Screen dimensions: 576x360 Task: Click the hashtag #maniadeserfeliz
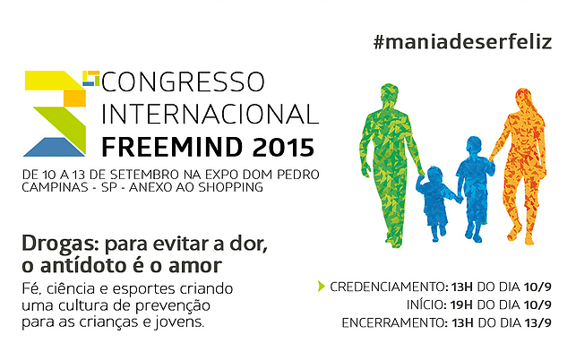pyautogui.click(x=462, y=42)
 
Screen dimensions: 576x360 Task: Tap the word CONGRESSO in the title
pyautogui.click(x=183, y=81)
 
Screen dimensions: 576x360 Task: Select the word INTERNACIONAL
pyautogui.click(x=211, y=115)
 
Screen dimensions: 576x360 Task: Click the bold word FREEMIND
pyautogui.click(x=172, y=147)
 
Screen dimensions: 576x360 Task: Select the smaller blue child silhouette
pyautogui.click(x=436, y=202)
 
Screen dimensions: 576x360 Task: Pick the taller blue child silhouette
pyautogui.click(x=475, y=187)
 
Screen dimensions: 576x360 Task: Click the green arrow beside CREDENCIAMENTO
pyautogui.click(x=322, y=287)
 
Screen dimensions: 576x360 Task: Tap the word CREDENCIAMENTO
pyautogui.click(x=388, y=287)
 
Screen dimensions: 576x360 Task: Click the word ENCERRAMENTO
pyautogui.click(x=395, y=323)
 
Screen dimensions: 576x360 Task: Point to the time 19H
pyautogui.click(x=462, y=304)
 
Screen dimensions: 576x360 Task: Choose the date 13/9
pyautogui.click(x=538, y=323)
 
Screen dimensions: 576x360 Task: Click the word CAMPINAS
pyautogui.click(x=56, y=187)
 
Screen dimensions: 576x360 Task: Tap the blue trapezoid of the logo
pyautogui.click(x=54, y=147)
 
